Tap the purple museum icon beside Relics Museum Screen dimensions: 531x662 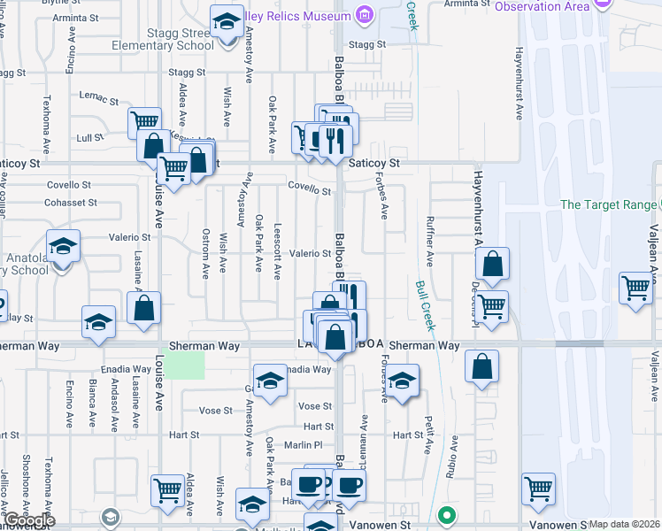(363, 14)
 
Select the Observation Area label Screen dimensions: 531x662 (542, 6)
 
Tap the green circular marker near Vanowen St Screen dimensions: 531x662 (448, 514)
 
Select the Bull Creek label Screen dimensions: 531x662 (425, 306)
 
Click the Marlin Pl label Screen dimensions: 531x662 (302, 444)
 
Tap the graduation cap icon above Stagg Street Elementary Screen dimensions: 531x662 (227, 21)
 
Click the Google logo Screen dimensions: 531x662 (30, 520)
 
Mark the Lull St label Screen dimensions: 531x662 (89, 137)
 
